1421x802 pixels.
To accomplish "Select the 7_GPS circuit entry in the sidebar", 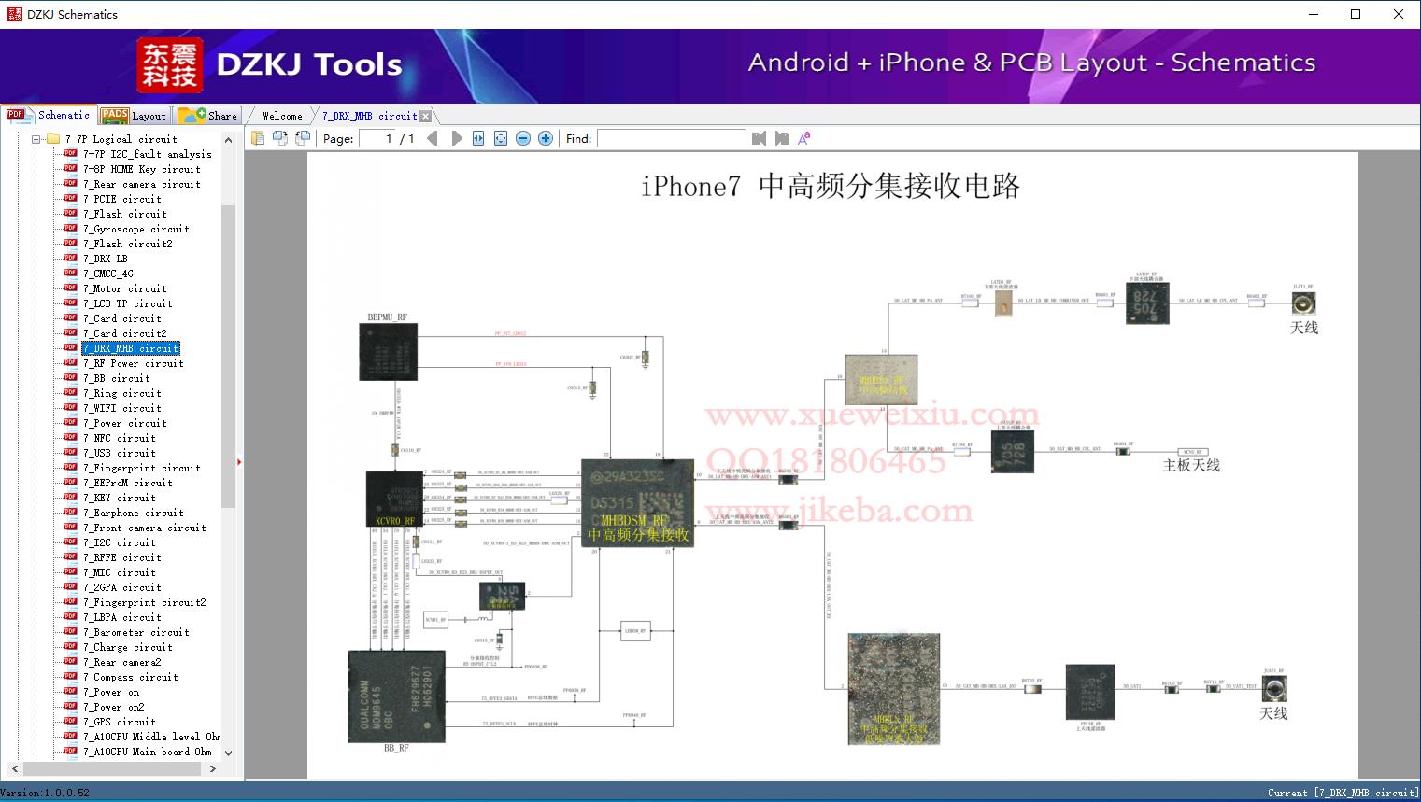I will (x=119, y=722).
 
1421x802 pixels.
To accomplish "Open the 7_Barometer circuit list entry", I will (x=135, y=632).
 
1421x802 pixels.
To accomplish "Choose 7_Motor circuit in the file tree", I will (x=124, y=288).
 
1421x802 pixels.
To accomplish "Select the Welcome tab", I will (x=282, y=116).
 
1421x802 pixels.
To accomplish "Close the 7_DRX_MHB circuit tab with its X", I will (x=426, y=116).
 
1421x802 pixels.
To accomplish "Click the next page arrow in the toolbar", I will (x=457, y=138).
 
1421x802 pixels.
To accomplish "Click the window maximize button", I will (x=1356, y=14).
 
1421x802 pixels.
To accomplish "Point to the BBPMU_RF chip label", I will (x=387, y=317).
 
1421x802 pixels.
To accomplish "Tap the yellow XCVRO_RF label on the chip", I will (x=394, y=521).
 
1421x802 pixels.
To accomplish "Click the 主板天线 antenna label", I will (x=1190, y=465).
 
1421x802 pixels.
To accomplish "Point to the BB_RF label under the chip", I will (x=396, y=748).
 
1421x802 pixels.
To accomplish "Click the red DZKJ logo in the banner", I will (x=170, y=64).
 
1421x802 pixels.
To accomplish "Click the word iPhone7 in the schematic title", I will (x=690, y=187).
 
